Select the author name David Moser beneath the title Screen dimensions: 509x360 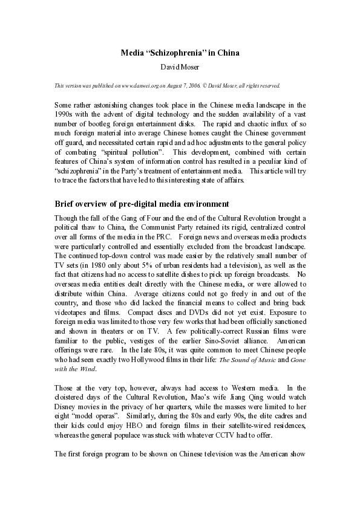click(180, 66)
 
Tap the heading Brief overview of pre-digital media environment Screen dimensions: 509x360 click(142, 203)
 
